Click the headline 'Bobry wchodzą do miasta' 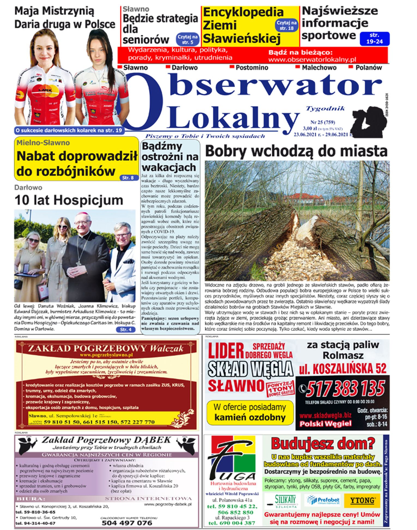296,151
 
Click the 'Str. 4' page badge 126,330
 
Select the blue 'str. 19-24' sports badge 374,38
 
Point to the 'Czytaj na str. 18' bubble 286,25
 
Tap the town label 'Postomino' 252,68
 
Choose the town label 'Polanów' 368,68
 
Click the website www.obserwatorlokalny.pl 312,60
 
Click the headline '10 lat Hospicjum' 69,200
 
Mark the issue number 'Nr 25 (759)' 323,122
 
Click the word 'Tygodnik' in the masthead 325,109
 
